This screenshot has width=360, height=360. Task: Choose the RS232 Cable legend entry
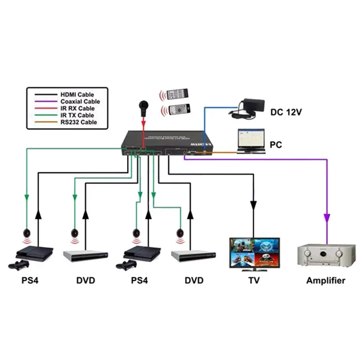78,121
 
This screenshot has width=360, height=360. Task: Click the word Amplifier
325,280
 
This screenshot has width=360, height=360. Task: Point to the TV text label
253,280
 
